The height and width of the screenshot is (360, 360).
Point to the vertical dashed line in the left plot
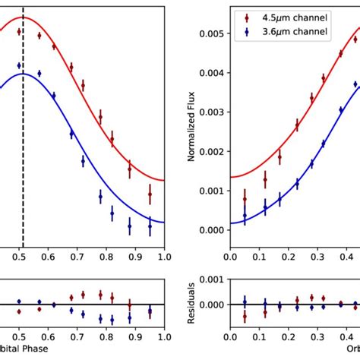[x=24, y=152]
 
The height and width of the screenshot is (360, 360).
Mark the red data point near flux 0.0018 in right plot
[x=279, y=157]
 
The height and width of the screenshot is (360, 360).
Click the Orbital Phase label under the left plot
[x=23, y=351]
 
